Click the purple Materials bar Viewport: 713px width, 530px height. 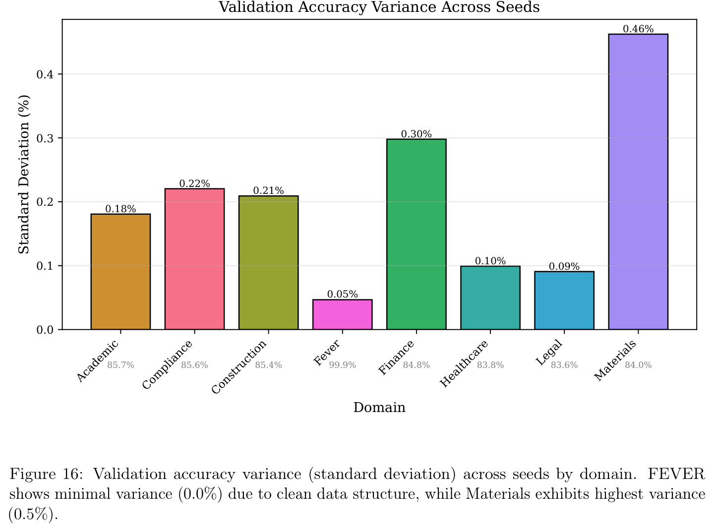tap(638, 181)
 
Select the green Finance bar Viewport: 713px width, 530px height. tap(416, 235)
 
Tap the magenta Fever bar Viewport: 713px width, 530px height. tap(342, 314)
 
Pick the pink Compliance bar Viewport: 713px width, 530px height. tap(194, 259)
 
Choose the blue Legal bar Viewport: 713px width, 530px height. tap(564, 300)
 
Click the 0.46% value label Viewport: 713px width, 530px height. tap(638, 29)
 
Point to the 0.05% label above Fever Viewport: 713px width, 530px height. tap(342, 294)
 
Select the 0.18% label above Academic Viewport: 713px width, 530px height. tap(120, 209)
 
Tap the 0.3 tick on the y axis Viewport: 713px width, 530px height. tap(45, 138)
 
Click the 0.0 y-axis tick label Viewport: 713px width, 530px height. tap(45, 330)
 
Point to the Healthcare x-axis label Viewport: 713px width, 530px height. tap(464, 363)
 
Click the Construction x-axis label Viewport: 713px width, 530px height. tap(239, 367)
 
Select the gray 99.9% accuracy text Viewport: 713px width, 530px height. tap(342, 365)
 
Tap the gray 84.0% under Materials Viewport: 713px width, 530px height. tap(638, 365)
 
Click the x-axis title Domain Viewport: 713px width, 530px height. tap(379, 408)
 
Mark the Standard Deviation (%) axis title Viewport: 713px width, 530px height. tap(24, 175)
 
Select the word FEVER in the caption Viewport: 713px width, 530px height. tap(676, 474)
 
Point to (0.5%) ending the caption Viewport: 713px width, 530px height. tap(33, 514)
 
